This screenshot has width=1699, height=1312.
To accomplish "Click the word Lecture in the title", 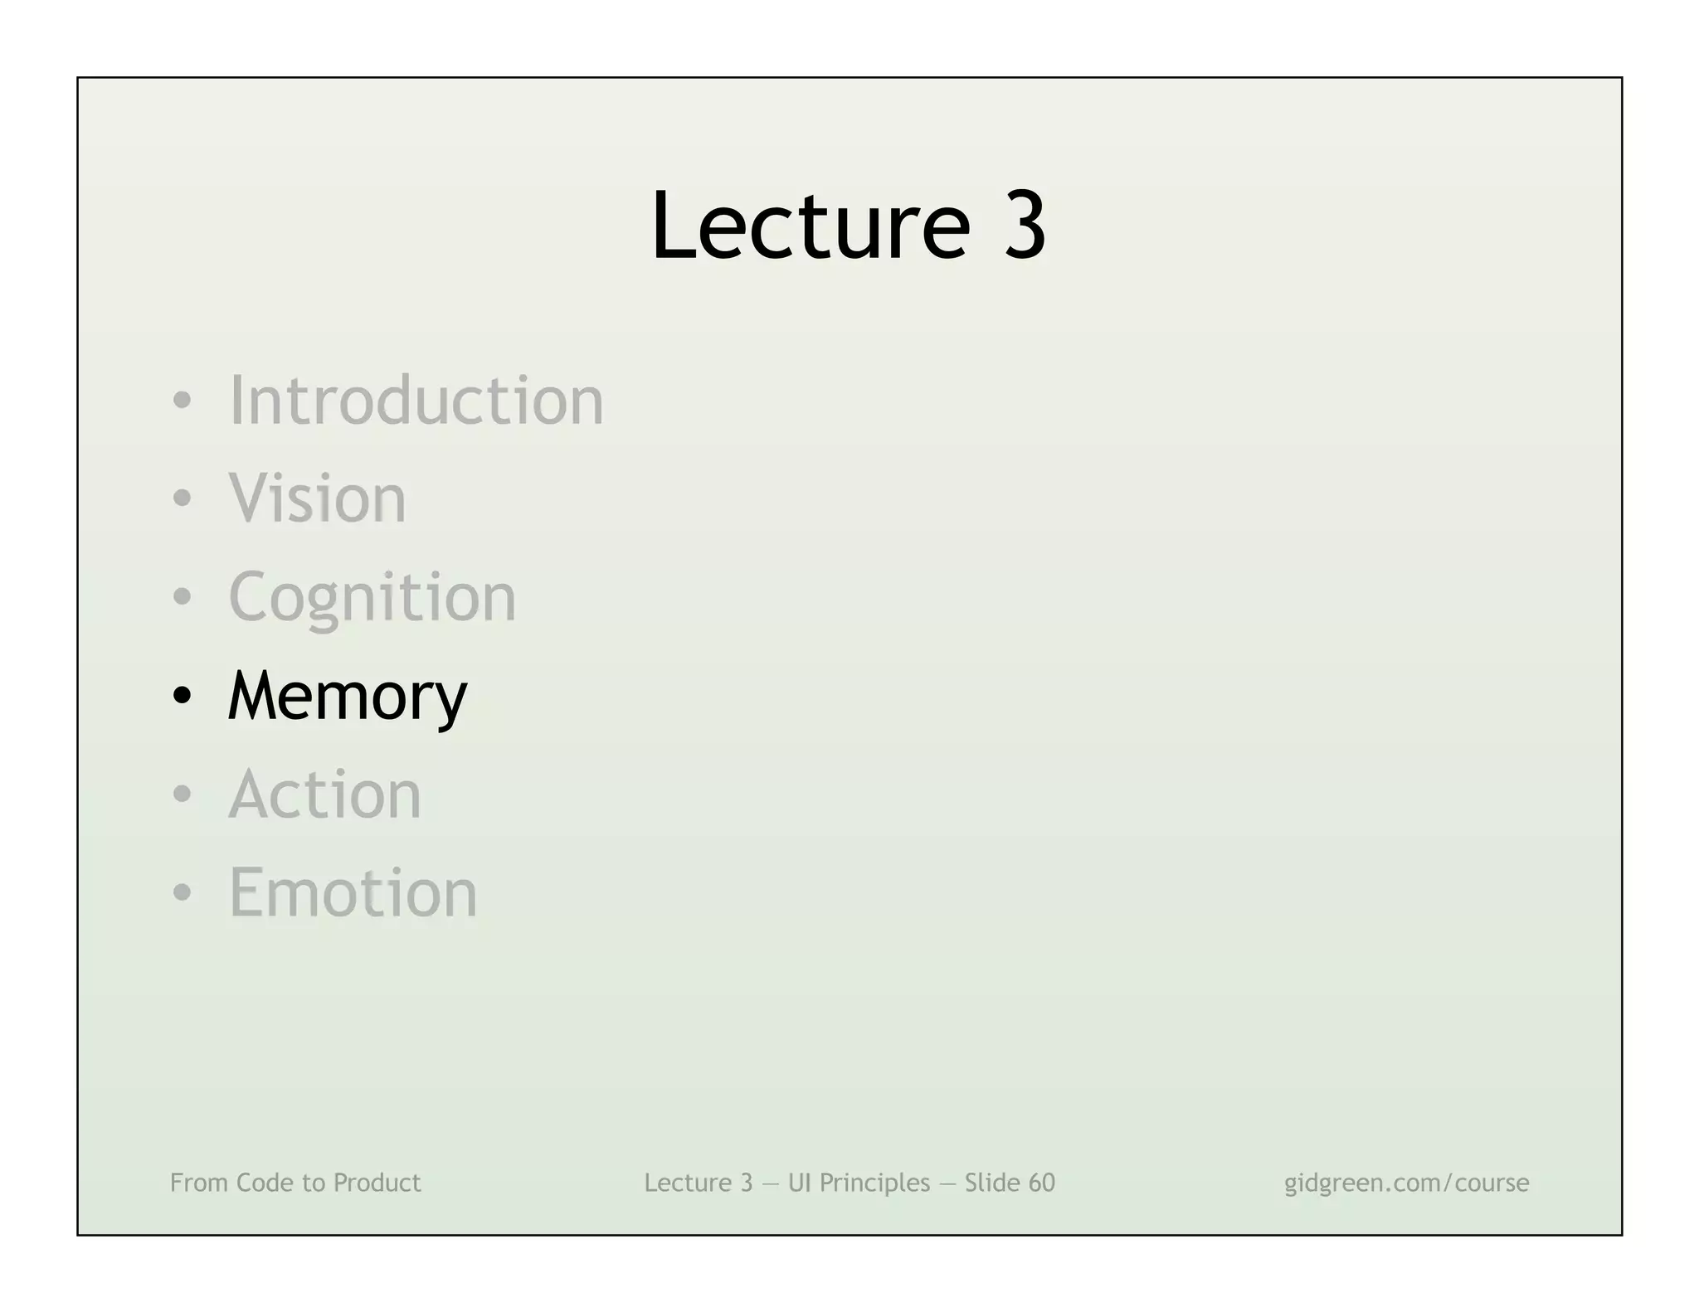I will [810, 226].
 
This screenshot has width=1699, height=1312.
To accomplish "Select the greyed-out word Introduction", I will [416, 401].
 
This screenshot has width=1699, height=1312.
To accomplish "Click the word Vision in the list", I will [317, 498].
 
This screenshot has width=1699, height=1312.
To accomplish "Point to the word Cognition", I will [372, 598].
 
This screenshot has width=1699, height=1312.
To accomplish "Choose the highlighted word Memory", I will [347, 697].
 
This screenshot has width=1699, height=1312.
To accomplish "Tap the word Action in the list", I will [324, 794].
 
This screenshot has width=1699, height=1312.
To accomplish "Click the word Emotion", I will [353, 893].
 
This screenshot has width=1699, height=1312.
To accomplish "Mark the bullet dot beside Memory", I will [182, 697].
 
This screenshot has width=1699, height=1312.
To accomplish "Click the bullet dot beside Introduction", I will [182, 402].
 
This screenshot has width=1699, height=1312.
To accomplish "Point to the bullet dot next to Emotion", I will [182, 894].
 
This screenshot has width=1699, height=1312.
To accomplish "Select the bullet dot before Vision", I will [182, 500].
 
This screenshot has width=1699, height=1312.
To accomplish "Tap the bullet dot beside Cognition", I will [182, 598].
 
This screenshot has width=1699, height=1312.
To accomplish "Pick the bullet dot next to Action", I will [182, 795].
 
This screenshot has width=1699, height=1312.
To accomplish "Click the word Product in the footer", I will [377, 1183].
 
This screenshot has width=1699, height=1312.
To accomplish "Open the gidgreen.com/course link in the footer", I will [1406, 1183].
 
